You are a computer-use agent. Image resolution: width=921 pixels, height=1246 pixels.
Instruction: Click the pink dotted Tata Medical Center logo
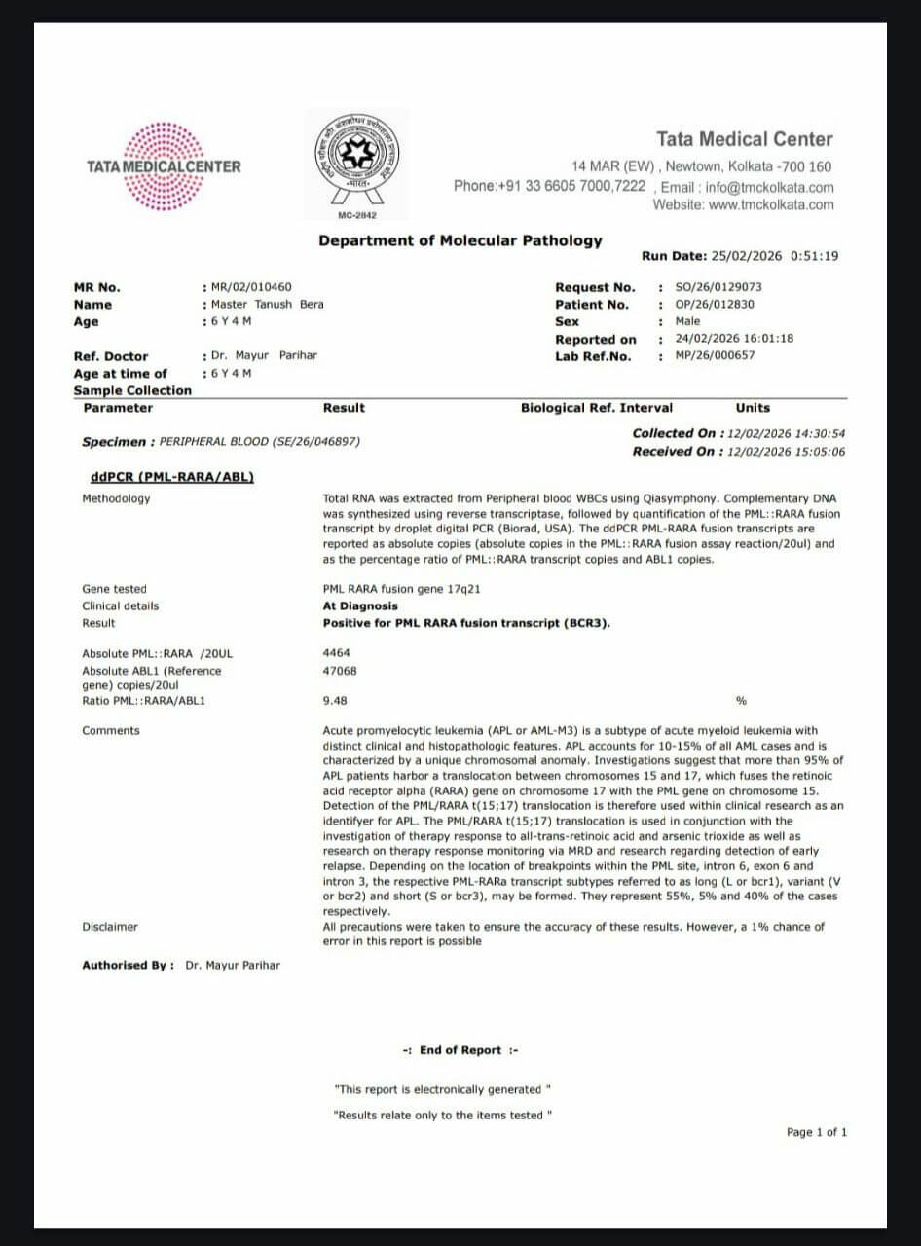164,166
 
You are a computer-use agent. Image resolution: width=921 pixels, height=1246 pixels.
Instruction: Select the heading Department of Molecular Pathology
460,240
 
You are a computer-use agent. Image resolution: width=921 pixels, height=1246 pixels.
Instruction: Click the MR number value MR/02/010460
251,287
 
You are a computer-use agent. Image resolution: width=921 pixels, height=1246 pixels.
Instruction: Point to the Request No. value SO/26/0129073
718,287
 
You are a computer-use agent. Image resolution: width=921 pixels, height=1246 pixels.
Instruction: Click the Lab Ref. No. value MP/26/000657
715,355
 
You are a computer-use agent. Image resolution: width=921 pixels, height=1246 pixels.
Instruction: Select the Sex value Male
687,321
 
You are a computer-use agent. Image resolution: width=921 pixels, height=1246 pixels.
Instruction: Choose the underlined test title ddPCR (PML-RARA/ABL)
171,477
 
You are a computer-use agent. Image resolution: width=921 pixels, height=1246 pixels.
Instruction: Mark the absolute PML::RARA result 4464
337,653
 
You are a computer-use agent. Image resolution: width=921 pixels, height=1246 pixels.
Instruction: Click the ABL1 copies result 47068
340,671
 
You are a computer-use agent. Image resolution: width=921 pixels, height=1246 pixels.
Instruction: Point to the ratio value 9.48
335,700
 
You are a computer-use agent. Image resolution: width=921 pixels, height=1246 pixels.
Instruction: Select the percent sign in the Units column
742,700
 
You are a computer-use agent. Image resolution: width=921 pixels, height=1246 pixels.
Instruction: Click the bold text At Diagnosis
360,605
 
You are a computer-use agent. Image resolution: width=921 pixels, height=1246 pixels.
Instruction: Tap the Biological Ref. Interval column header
596,408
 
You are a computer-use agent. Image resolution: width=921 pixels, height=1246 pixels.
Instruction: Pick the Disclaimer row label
110,927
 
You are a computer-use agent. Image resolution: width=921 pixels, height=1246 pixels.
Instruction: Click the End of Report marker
460,1050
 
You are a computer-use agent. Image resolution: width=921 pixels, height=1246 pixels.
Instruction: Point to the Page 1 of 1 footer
817,1132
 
